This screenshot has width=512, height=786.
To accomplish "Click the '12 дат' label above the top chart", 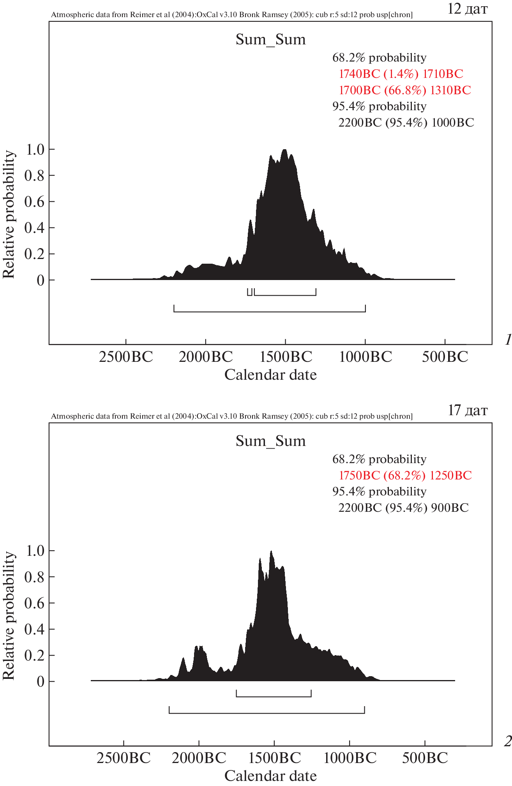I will (467, 9).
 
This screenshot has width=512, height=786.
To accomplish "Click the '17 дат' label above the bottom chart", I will (467, 410).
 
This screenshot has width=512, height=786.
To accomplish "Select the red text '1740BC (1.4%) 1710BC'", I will (401, 74).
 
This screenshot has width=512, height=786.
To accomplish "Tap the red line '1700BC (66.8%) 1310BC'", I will (404, 90).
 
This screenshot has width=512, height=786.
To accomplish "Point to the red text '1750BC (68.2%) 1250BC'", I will (405, 475).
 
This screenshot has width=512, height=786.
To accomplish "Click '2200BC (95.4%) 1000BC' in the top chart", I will (406, 123).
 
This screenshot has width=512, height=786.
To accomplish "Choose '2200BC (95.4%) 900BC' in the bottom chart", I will (403, 508).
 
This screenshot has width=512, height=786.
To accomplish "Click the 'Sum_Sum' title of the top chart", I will (270, 39).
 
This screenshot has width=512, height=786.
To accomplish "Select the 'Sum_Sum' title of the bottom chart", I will (270, 441).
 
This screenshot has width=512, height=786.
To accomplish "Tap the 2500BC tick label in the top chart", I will (126, 356).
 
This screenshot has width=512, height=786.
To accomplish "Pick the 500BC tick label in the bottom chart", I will (425, 758).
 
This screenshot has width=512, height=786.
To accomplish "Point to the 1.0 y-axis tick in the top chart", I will (35, 149).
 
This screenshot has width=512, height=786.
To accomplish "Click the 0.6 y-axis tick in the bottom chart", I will (35, 603).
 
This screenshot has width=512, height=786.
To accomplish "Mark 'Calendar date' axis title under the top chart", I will (270, 375).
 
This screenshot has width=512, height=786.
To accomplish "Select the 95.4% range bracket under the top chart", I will (270, 311).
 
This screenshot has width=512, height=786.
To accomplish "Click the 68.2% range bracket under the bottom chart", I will (274, 696).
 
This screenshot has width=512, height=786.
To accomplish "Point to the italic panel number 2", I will (507, 742).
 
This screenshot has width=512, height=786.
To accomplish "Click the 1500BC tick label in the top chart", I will (286, 356).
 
